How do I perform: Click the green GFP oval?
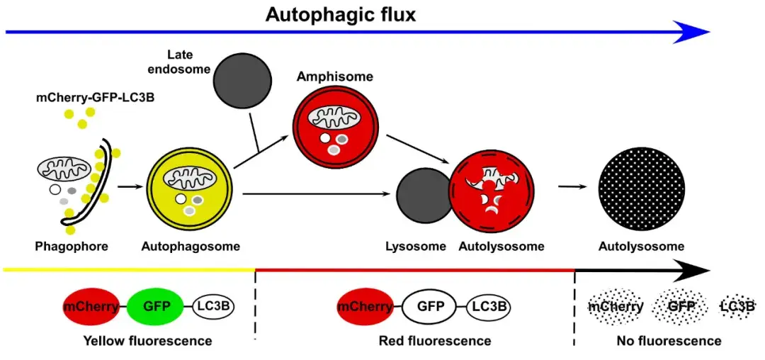pos(157,306)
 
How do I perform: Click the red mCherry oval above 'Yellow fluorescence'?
pos(89,306)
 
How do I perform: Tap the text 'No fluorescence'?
pos(669,341)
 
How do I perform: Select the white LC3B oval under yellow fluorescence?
pos(213,306)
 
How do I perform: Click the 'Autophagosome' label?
pos(191,247)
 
